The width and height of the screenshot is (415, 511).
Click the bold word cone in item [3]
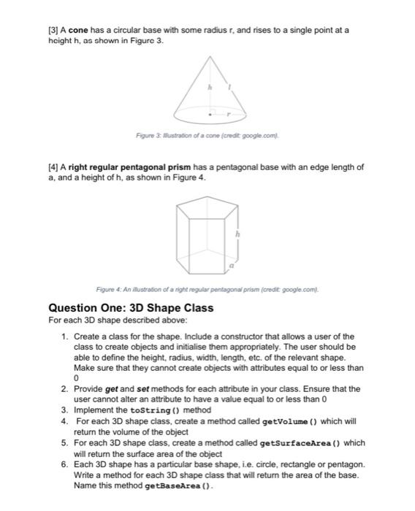[80, 30]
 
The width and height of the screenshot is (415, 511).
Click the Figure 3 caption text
[207, 137]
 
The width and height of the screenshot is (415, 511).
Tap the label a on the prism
[232, 268]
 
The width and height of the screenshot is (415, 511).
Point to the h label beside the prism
[237, 234]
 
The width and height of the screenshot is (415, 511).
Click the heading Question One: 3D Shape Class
[131, 307]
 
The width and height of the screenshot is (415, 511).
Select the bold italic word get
[111, 389]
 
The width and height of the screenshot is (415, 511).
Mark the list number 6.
[64, 464]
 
